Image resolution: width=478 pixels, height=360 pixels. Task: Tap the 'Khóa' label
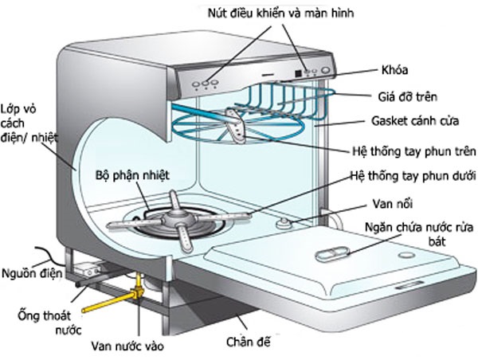tap(402, 70)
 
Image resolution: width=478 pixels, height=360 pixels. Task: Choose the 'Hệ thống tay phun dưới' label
tap(413, 175)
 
